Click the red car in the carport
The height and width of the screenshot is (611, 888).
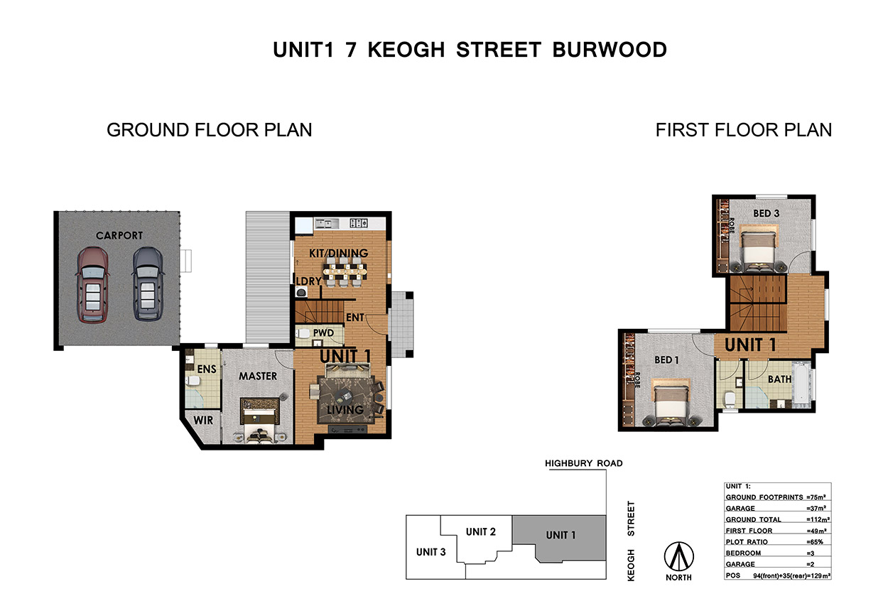[92, 285]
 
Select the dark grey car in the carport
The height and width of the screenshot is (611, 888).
[148, 284]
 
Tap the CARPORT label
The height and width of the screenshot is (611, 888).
[119, 235]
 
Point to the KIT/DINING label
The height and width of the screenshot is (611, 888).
[339, 253]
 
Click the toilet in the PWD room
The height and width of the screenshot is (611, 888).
[303, 333]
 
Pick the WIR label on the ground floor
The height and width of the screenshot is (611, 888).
[203, 421]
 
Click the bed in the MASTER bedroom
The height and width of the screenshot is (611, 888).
[260, 421]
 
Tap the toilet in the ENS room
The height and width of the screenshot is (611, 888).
[193, 381]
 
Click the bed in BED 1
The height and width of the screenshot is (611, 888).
[671, 402]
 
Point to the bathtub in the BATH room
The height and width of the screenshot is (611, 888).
[801, 384]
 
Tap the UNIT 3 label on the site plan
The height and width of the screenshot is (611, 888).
[431, 552]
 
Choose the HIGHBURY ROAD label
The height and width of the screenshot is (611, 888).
[583, 463]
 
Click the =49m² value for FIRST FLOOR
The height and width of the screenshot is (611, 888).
[817, 531]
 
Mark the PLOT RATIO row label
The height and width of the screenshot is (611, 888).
[747, 542]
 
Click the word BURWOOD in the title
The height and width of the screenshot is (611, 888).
[610, 50]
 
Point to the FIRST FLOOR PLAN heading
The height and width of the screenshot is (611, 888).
[743, 130]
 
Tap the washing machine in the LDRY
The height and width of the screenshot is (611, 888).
[301, 292]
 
